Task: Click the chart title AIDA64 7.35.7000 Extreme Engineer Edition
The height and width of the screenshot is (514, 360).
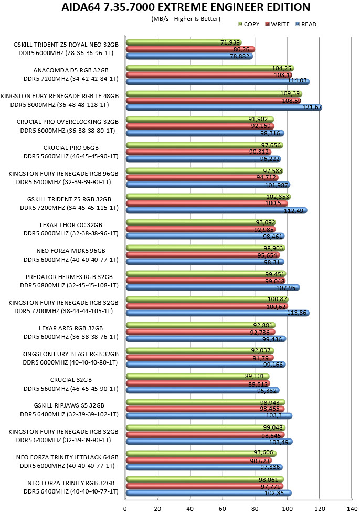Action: (186, 7)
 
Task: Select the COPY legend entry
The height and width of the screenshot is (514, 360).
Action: (249, 24)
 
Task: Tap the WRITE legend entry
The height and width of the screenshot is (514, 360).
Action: (278, 24)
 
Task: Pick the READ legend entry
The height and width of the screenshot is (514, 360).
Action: (306, 24)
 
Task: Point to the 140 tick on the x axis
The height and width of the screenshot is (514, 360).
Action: (352, 508)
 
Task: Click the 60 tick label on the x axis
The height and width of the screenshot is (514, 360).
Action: (223, 508)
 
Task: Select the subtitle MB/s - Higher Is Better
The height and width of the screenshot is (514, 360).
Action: (186, 19)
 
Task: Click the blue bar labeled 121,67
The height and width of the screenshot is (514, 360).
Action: (224, 107)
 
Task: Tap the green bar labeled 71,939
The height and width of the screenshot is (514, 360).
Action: (184, 42)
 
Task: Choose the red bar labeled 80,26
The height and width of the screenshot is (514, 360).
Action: (190, 49)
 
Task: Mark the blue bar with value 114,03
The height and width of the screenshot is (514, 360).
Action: (218, 81)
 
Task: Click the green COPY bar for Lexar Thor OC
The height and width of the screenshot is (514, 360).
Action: (201, 222)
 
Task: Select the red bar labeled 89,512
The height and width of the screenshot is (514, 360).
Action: (198, 383)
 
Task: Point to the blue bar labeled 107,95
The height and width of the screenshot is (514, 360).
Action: (213, 287)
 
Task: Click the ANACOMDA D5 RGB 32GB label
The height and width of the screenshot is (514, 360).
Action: (71, 70)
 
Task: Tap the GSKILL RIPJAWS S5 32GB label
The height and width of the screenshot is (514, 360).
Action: (69, 405)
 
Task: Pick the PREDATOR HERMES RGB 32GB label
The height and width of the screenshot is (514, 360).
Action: (69, 277)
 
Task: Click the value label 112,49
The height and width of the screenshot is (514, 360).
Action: (293, 211)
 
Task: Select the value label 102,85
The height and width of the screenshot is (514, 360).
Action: (274, 493)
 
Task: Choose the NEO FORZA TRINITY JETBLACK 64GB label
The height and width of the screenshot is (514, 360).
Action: (67, 457)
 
